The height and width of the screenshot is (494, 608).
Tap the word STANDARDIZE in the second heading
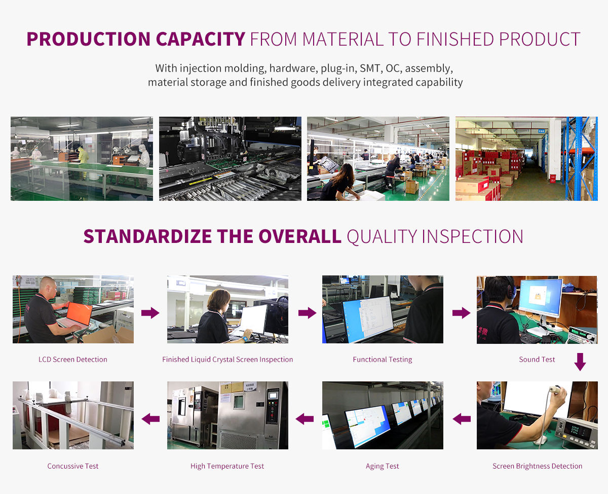click(147, 236)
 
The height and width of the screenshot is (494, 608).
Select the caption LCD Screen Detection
click(73, 360)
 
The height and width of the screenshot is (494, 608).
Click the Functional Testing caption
click(383, 360)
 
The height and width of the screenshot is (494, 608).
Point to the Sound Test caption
click(537, 360)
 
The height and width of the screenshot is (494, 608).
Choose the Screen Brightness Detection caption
click(537, 466)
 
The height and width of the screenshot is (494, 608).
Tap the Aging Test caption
click(383, 466)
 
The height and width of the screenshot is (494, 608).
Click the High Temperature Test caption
click(227, 466)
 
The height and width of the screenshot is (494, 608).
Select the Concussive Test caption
click(73, 466)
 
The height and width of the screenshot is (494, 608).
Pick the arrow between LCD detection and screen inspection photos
click(150, 313)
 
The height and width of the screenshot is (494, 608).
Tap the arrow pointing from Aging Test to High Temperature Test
click(305, 419)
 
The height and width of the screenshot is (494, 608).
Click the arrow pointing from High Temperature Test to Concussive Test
click(150, 419)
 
